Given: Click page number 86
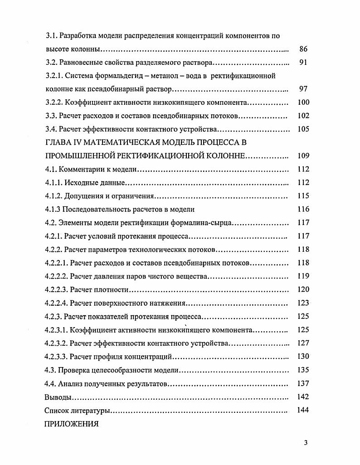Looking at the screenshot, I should tap(304, 49).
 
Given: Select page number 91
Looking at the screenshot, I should tap(304, 63).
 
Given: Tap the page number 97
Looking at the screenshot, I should tap(304, 89).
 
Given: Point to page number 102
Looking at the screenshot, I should tap(303, 116).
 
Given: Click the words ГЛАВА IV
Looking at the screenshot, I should tap(64, 142).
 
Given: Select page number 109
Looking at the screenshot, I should tap(303, 156).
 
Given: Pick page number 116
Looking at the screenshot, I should tap(303, 209).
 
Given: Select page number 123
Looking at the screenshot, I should tap(303, 303).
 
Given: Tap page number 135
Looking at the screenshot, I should tap(303, 370).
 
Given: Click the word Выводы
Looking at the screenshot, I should tap(58, 397).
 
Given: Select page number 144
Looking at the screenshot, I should tap(303, 410).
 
